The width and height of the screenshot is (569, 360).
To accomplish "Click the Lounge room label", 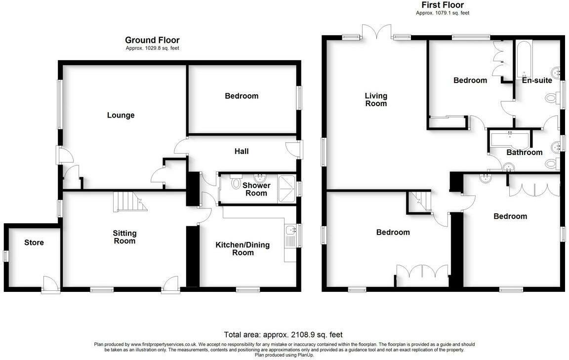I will coord(121,116).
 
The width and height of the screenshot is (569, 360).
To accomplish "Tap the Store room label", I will coord(34,242).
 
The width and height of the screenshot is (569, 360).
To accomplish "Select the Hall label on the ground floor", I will coord(242,151).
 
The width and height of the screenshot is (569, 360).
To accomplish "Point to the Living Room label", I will coord(376,100).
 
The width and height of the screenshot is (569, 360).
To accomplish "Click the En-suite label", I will coord(537,80).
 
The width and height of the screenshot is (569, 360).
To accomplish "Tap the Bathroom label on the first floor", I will coord(525,152).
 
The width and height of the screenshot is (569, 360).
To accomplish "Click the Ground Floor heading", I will coord(152,40).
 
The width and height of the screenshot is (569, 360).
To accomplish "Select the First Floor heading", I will coord(443,5).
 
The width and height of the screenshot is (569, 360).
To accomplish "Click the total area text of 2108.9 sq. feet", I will coord(283,334).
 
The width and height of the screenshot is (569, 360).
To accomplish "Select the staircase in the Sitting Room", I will coord(129,201).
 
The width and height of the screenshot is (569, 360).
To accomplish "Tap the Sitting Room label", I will coord(124,237).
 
